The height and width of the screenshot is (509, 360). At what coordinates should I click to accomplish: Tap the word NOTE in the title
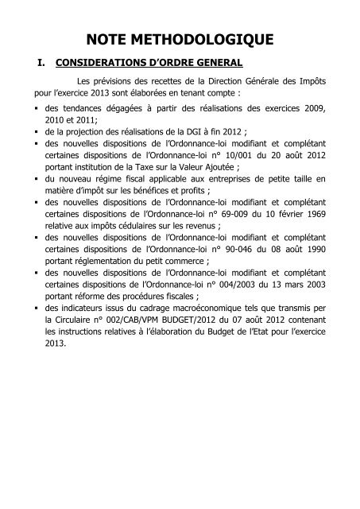[110, 37]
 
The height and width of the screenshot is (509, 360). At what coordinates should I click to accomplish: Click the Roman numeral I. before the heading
[33, 62]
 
